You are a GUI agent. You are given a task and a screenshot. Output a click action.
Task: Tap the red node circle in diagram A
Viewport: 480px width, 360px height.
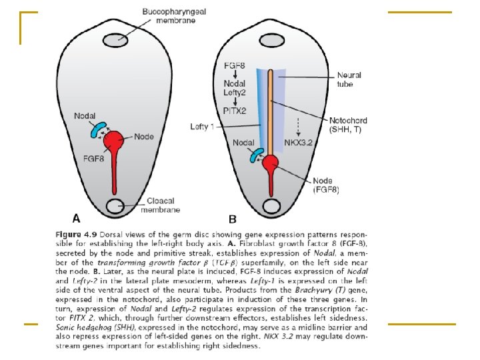click(115, 141)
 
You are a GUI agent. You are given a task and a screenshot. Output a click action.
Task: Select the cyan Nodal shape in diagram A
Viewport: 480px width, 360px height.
click(98, 130)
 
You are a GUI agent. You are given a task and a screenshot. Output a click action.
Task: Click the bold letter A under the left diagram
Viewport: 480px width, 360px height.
click(77, 217)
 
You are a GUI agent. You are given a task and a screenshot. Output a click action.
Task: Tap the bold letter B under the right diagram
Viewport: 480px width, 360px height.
click(233, 218)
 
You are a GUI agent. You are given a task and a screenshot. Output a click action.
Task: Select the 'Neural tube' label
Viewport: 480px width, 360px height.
click(349, 80)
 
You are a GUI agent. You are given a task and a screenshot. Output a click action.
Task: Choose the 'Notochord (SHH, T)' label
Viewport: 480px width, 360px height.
click(348, 125)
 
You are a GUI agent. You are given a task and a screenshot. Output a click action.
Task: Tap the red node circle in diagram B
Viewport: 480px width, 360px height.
click(271, 163)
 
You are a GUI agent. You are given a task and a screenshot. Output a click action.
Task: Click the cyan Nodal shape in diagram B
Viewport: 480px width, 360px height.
click(255, 155)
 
